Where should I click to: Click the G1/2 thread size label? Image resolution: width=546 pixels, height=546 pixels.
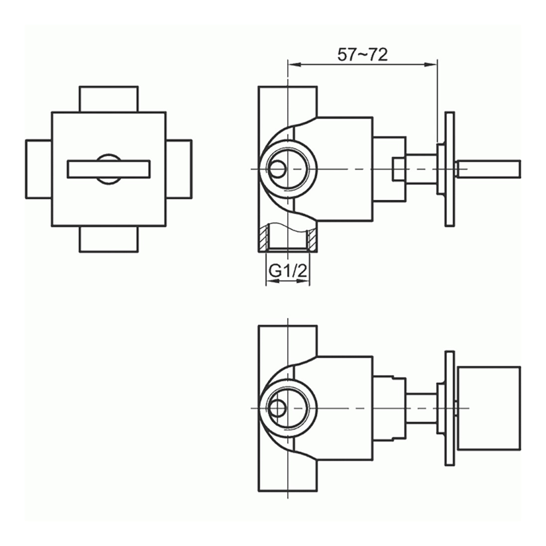(x=287, y=269)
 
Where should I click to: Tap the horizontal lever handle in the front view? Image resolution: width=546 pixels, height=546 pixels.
(x=108, y=169)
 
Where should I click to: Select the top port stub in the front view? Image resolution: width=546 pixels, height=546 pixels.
(x=108, y=99)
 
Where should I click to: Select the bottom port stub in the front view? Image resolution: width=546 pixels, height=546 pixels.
(x=108, y=239)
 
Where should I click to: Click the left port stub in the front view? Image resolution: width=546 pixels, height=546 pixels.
(x=38, y=169)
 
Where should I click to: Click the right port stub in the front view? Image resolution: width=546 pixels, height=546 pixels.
(x=179, y=169)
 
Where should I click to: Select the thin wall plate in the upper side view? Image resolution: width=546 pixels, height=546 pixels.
(x=449, y=169)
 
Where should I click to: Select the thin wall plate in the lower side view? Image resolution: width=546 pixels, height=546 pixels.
(x=449, y=408)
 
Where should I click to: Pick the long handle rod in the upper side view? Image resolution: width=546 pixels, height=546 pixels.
(x=489, y=169)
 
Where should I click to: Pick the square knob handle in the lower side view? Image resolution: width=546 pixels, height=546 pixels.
(x=488, y=408)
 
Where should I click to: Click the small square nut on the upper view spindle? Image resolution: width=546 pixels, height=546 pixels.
(x=399, y=169)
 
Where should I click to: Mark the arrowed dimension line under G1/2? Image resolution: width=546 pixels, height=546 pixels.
(x=287, y=282)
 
